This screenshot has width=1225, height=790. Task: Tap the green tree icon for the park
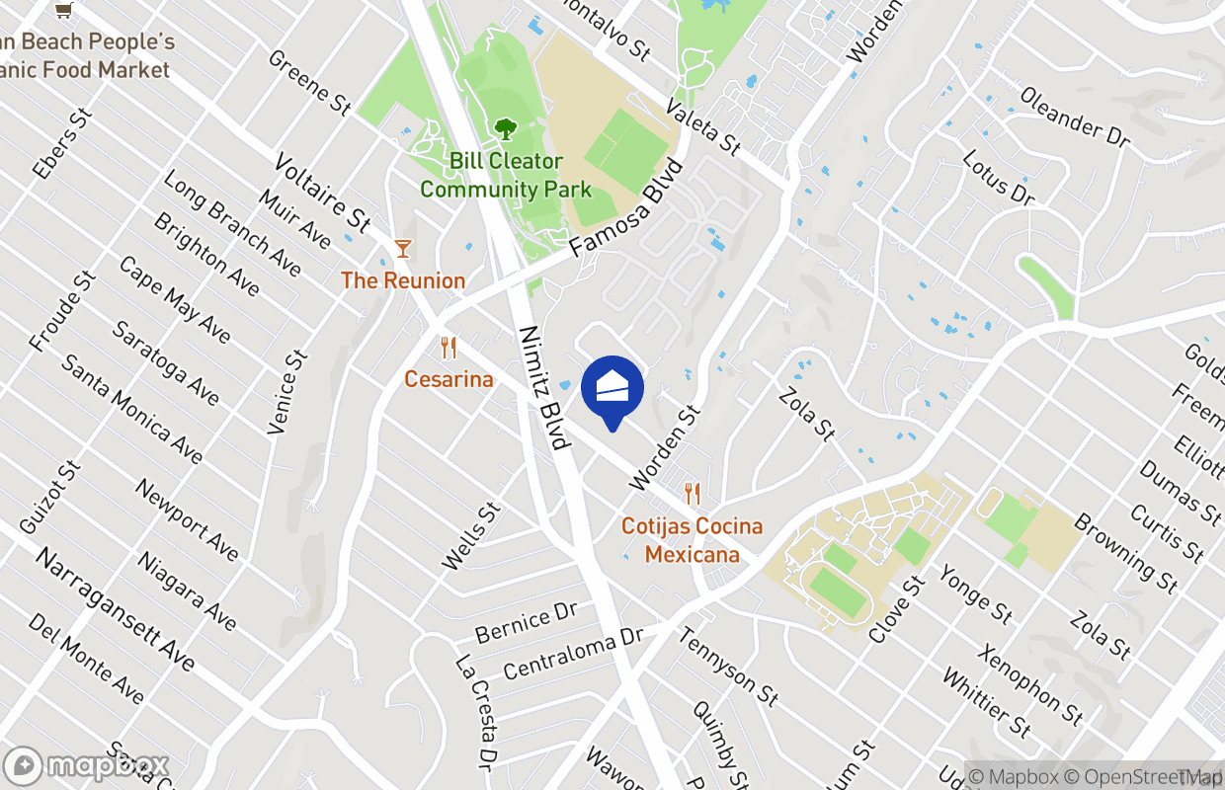(x=506, y=129)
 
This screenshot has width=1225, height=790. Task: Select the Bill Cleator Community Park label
(x=506, y=175)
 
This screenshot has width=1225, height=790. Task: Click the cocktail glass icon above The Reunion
(x=402, y=248)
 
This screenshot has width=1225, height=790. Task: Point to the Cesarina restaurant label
(x=449, y=379)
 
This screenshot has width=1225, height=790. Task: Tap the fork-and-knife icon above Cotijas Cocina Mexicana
(x=692, y=494)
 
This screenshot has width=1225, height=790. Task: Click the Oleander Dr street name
(x=1074, y=117)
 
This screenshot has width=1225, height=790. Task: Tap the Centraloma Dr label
(x=573, y=653)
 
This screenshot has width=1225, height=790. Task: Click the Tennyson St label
(x=728, y=666)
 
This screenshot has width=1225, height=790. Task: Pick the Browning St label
(x=1126, y=553)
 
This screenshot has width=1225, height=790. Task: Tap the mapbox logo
(x=87, y=766)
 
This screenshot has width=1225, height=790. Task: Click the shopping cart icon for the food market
(x=64, y=11)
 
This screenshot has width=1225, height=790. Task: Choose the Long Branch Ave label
(x=232, y=222)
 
